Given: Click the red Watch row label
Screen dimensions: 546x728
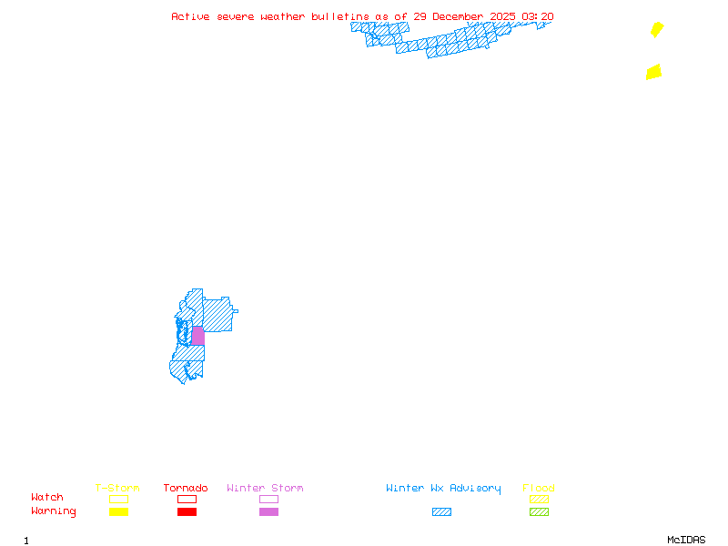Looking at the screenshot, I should pos(47,498).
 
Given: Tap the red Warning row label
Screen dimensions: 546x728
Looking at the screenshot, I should pos(54,511).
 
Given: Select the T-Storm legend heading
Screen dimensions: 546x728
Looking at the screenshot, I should pos(117,488).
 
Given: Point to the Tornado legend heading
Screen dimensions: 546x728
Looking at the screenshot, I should pos(186,488).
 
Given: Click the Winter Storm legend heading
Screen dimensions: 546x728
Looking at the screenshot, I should pos(265,488).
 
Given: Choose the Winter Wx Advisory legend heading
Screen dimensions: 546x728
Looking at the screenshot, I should pos(443,488).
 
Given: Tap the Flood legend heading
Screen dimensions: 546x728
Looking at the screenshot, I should pos(539,488).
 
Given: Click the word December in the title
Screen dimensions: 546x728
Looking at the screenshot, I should pos(458,16).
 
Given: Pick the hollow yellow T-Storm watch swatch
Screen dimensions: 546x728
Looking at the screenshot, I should pos(118,499).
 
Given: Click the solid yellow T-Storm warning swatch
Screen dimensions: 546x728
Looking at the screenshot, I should pos(118,511).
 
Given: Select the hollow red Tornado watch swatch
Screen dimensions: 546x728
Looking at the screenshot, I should pos(187,499).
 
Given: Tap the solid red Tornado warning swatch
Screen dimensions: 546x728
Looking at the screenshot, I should pos(187,511).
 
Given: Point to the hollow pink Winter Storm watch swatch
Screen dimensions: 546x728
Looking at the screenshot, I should pos(268,499).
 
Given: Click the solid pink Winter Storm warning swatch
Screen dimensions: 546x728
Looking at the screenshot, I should pos(268,511).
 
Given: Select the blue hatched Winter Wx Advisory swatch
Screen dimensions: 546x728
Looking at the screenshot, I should pos(441,511).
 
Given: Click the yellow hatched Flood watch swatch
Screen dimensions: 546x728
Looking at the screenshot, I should pos(539,499).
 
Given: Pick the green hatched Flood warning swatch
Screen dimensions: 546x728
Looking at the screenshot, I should pos(539,511).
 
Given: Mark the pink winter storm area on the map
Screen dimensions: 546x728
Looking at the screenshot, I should pos(197,336).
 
